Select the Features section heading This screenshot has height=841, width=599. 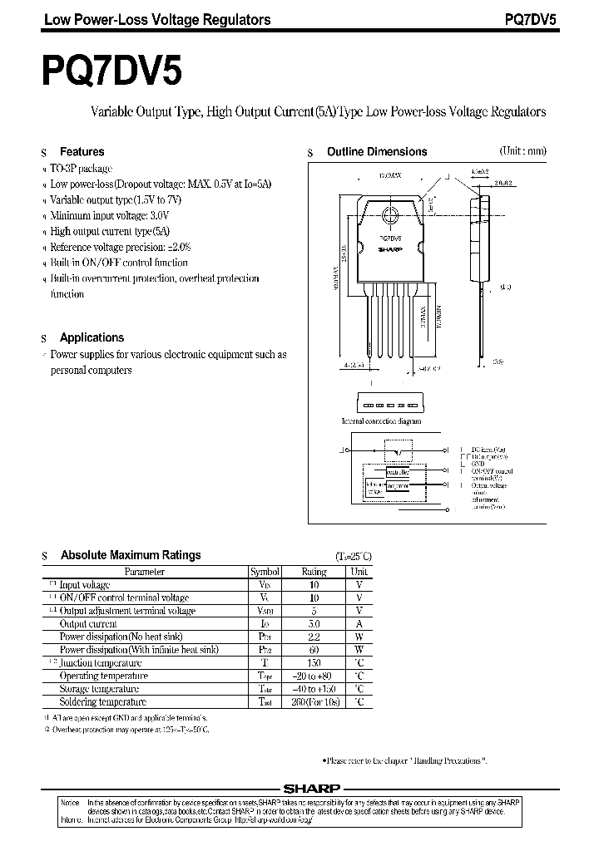82,152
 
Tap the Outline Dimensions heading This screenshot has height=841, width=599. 376,152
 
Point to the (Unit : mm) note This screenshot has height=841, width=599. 522,151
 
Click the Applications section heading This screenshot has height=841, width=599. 92,337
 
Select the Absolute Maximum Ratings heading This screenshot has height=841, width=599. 131,555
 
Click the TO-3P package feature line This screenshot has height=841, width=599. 82,168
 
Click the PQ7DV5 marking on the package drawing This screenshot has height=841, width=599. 389,237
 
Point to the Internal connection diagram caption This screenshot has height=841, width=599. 381,421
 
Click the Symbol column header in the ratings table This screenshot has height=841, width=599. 265,572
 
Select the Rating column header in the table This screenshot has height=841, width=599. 314,572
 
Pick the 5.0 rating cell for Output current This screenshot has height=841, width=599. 314,623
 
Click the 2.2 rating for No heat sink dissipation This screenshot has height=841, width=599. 314,637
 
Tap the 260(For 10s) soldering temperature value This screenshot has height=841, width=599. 314,702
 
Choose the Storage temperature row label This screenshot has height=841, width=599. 99,689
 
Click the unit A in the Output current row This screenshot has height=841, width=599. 359,623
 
